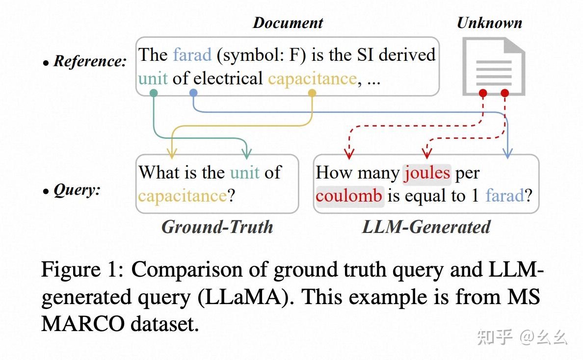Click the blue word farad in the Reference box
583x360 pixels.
click(x=192, y=54)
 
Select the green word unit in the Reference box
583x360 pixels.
click(x=153, y=78)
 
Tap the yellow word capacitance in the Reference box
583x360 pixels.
click(x=312, y=78)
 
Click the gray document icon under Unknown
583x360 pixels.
click(x=493, y=66)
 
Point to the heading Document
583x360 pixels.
click(x=288, y=23)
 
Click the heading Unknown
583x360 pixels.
click(x=489, y=23)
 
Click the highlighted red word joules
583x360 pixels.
click(x=426, y=173)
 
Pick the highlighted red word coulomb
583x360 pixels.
click(x=349, y=196)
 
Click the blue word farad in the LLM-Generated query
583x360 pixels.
click(x=504, y=196)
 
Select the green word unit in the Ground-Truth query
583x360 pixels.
click(x=245, y=173)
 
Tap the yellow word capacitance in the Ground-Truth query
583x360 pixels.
click(x=183, y=196)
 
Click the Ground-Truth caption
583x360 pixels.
click(x=217, y=227)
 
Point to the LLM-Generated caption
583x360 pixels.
click(x=426, y=227)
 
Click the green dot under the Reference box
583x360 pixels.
click(x=153, y=93)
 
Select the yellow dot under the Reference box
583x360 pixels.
click(x=312, y=93)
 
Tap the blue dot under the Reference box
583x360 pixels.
click(x=193, y=93)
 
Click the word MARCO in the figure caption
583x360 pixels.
click(x=79, y=325)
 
